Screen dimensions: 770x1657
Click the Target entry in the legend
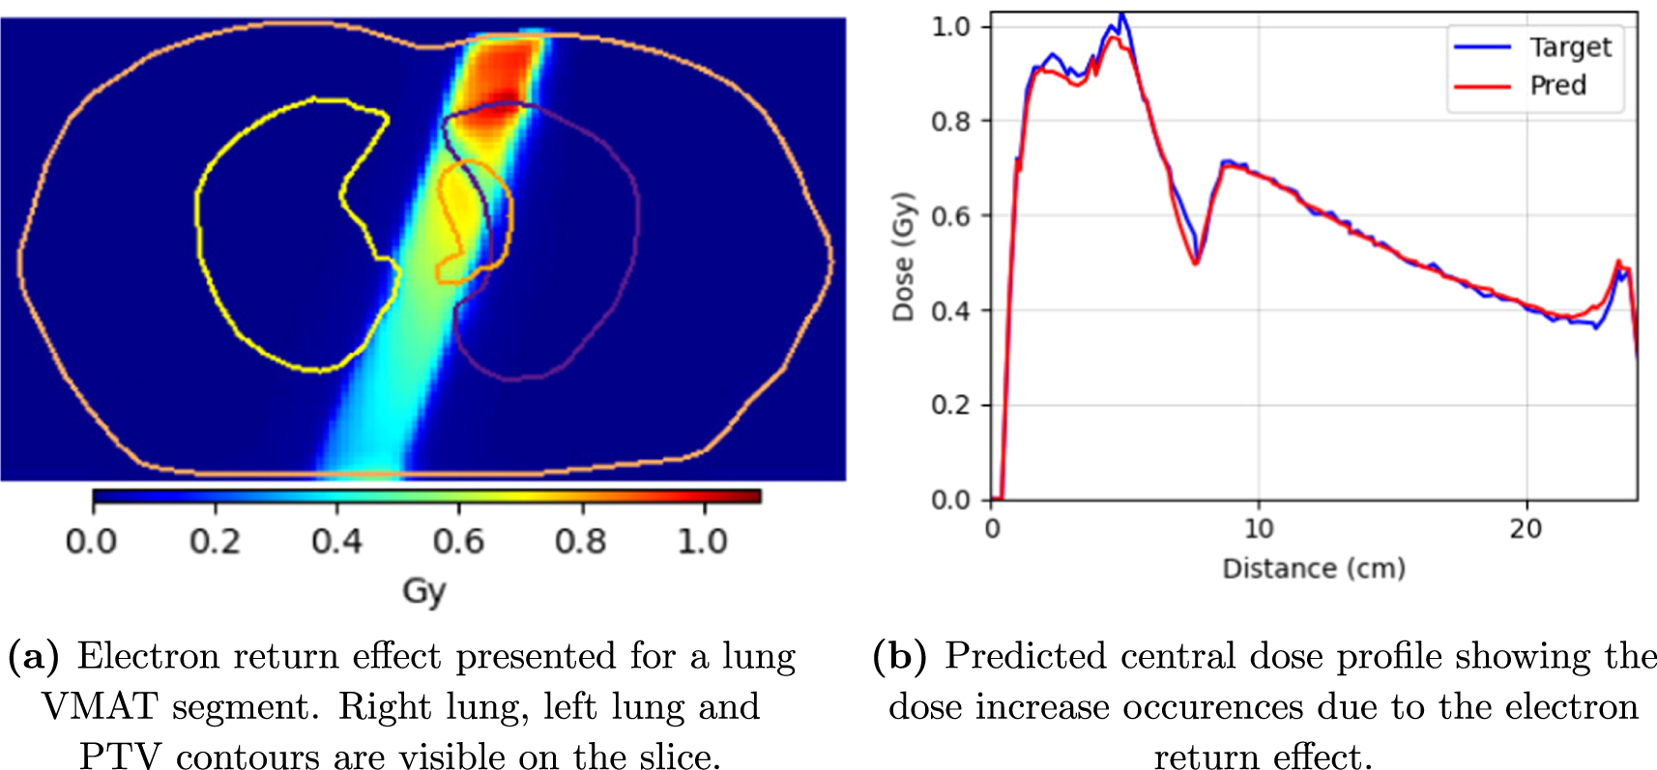tap(1569, 46)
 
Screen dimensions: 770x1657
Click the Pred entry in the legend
tap(1557, 85)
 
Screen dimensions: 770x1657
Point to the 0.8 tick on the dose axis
tap(949, 121)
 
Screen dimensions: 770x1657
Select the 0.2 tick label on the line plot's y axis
tap(949, 405)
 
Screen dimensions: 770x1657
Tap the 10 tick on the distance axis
tap(1259, 528)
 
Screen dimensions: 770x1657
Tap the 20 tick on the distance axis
tap(1526, 528)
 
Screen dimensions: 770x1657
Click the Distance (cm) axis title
tap(1313, 568)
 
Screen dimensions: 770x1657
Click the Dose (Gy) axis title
tap(903, 257)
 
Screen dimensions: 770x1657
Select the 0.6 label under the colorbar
tap(458, 541)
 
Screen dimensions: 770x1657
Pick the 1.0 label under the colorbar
tap(702, 541)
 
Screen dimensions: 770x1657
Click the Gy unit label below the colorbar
tap(424, 591)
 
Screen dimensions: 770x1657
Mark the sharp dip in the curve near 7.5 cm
tap(1196, 261)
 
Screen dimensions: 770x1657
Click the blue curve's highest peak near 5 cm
tap(1121, 15)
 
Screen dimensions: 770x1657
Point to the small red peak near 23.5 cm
tap(1618, 262)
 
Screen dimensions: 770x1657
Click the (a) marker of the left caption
tap(33, 656)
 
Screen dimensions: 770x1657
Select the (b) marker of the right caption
tap(899, 656)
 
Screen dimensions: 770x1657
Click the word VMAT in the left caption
tap(99, 706)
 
